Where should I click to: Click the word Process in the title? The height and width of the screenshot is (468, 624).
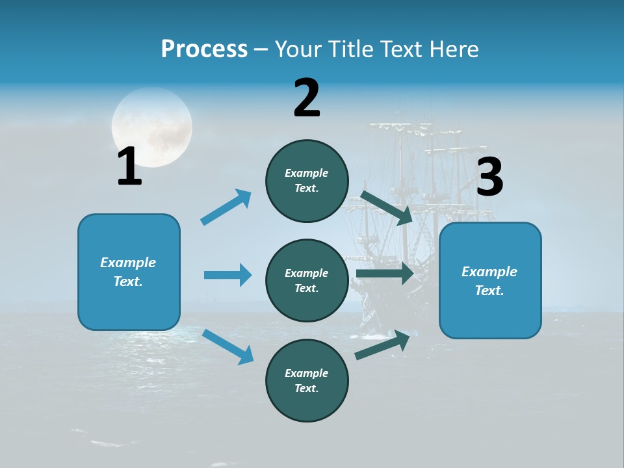click(204, 49)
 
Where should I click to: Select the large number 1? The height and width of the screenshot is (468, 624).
click(129, 166)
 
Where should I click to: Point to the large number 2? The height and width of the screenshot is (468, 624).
click(307, 98)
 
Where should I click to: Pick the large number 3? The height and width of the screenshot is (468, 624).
click(489, 177)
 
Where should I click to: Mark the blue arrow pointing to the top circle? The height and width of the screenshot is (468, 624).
click(226, 207)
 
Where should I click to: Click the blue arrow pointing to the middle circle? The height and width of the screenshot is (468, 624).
click(227, 275)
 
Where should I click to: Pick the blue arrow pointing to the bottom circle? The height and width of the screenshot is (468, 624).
click(227, 346)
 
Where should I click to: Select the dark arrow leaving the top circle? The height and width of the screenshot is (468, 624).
click(386, 207)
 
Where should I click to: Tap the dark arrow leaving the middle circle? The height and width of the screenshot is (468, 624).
click(385, 274)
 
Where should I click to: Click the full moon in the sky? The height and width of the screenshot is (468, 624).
click(152, 127)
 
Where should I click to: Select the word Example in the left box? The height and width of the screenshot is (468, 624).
click(128, 263)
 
